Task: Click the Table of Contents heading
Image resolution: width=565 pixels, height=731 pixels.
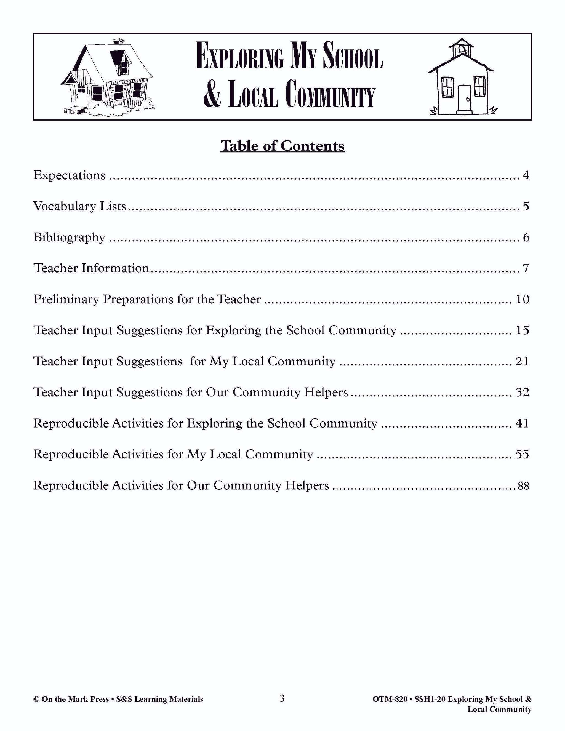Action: point(282,146)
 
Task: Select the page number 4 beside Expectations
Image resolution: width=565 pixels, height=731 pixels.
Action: point(526,175)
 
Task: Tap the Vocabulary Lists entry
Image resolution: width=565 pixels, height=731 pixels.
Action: point(80,206)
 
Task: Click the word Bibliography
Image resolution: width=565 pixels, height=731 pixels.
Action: point(69,237)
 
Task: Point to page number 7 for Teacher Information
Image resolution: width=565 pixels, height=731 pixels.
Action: point(526,268)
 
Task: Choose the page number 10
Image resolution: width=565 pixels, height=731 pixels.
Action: point(522,299)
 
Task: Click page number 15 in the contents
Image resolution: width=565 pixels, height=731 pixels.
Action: point(522,330)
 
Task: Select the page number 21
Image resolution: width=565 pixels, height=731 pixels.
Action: point(522,361)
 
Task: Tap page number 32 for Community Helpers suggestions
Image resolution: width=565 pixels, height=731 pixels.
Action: point(522,392)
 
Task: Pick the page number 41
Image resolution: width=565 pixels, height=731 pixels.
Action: point(522,423)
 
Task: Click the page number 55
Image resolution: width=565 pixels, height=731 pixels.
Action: point(522,455)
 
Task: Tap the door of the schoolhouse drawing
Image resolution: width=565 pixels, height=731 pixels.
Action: point(464,99)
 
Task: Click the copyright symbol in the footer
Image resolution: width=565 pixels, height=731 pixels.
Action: point(36,699)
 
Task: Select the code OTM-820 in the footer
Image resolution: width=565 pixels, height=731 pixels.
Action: point(390,699)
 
